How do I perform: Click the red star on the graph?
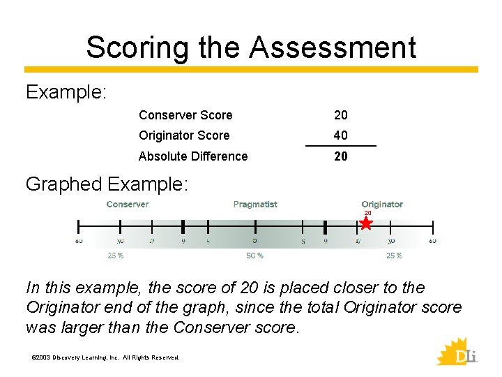367,223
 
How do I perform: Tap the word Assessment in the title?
333,47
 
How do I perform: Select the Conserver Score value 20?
341,115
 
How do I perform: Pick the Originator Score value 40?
341,135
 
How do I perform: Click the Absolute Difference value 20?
341,156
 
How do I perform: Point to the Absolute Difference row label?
193,156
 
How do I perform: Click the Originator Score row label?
184,135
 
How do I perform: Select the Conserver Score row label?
185,115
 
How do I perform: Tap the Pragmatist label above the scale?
255,205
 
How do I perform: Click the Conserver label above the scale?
128,205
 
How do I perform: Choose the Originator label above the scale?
382,205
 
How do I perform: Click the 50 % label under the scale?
255,256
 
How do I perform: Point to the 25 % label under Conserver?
116,256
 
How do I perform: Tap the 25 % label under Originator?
394,256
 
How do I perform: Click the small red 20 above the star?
367,213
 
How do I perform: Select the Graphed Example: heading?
107,184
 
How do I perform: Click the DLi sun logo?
457,351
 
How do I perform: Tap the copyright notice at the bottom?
106,357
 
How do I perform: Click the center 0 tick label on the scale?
255,241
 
